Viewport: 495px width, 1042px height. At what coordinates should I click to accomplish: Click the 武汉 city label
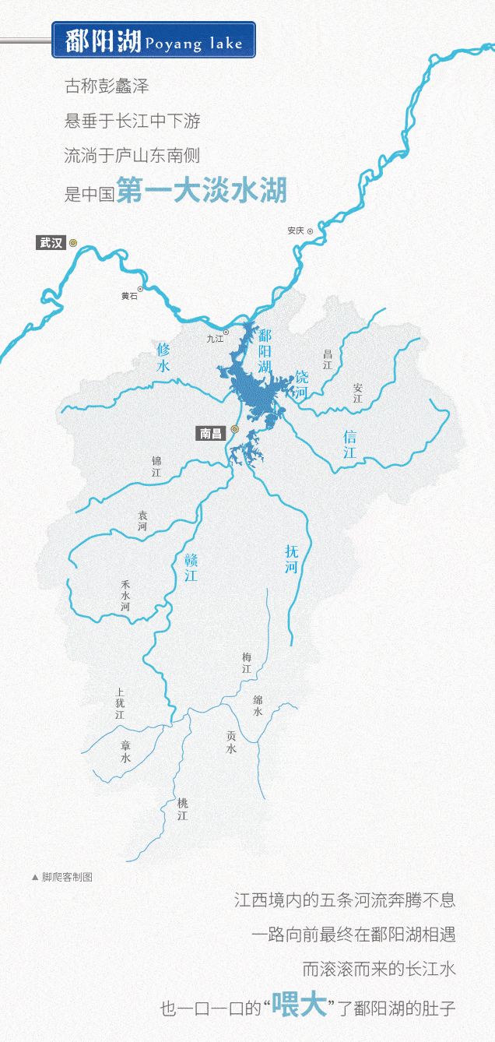coord(51,242)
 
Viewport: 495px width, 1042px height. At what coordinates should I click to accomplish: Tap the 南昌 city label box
coord(211,433)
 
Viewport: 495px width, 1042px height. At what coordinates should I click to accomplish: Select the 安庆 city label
coord(295,231)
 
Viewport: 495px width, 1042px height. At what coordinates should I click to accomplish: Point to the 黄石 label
coord(129,296)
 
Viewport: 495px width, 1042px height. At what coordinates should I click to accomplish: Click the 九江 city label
coord(215,339)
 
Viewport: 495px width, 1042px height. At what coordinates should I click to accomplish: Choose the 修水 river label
coord(163,357)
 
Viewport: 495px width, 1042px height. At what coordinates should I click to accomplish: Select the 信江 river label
coord(349,444)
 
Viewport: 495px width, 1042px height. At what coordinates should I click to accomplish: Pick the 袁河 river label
coord(142,521)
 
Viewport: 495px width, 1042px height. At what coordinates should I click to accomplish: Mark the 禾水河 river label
coord(125,596)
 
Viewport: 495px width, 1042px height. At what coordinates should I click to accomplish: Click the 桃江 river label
coord(182,809)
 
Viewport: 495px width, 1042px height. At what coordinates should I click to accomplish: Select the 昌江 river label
coord(327,359)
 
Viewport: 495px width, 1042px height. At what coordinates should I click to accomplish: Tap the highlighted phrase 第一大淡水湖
coord(202,191)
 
